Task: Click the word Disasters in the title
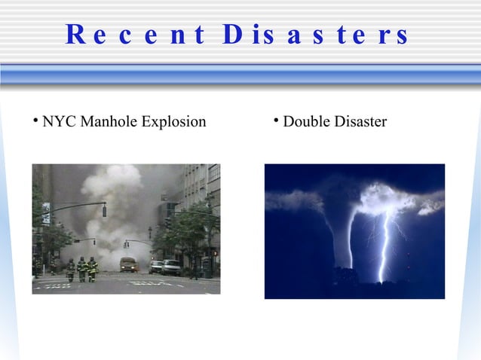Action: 317,35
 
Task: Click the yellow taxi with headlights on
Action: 129,264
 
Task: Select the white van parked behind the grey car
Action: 171,266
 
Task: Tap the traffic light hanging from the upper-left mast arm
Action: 104,209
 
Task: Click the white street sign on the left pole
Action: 45,214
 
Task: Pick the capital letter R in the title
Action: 75,35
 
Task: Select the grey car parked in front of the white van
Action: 156,267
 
